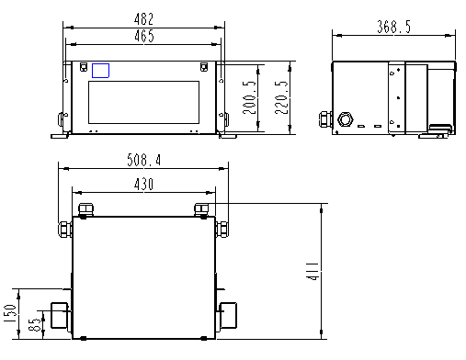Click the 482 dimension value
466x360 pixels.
click(143, 19)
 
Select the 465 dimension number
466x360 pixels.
click(144, 36)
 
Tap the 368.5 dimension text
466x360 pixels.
click(393, 27)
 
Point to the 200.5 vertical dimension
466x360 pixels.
click(249, 97)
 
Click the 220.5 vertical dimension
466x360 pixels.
click(281, 97)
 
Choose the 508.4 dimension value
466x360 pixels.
click(143, 160)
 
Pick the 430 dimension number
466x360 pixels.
click(143, 185)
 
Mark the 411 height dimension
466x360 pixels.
click(313, 271)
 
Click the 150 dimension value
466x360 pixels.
click(10, 313)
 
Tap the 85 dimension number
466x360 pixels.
click(34, 324)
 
